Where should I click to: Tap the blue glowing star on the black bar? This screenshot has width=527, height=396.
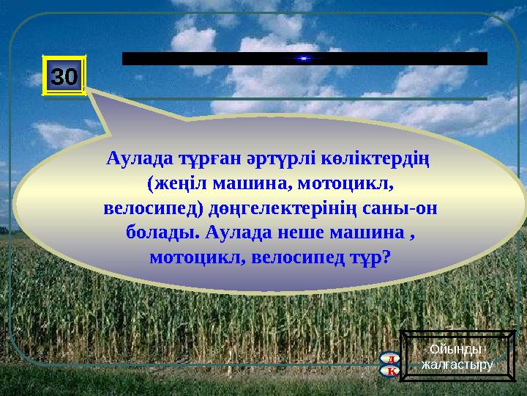point(304,59)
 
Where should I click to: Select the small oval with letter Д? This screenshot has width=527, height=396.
point(392,359)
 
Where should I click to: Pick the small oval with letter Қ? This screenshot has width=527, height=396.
point(392,371)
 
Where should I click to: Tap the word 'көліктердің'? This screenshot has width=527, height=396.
point(373,158)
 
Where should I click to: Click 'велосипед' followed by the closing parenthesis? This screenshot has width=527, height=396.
point(143,208)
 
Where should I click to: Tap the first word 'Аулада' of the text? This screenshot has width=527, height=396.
point(130,158)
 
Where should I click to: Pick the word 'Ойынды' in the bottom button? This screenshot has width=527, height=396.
point(457,350)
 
